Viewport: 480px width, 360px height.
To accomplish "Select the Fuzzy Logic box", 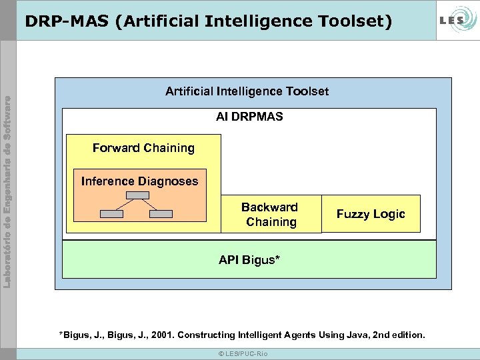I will click(371, 214).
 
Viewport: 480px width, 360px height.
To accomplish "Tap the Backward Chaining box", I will click(270, 215).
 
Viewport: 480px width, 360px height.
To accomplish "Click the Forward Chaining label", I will click(143, 148).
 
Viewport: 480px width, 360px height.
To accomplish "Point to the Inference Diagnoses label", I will click(139, 181).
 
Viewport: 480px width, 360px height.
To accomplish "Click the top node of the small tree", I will click(138, 195).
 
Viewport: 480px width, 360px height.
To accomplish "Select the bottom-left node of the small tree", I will click(111, 214).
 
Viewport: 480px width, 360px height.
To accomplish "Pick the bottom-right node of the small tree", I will click(161, 214).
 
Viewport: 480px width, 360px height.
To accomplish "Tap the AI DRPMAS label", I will click(249, 117).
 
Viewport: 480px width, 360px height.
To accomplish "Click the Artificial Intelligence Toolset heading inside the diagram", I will click(247, 91).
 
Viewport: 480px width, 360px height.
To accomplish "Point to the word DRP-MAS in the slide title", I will click(66, 22).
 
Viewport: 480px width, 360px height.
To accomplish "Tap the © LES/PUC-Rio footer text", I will click(243, 353).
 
